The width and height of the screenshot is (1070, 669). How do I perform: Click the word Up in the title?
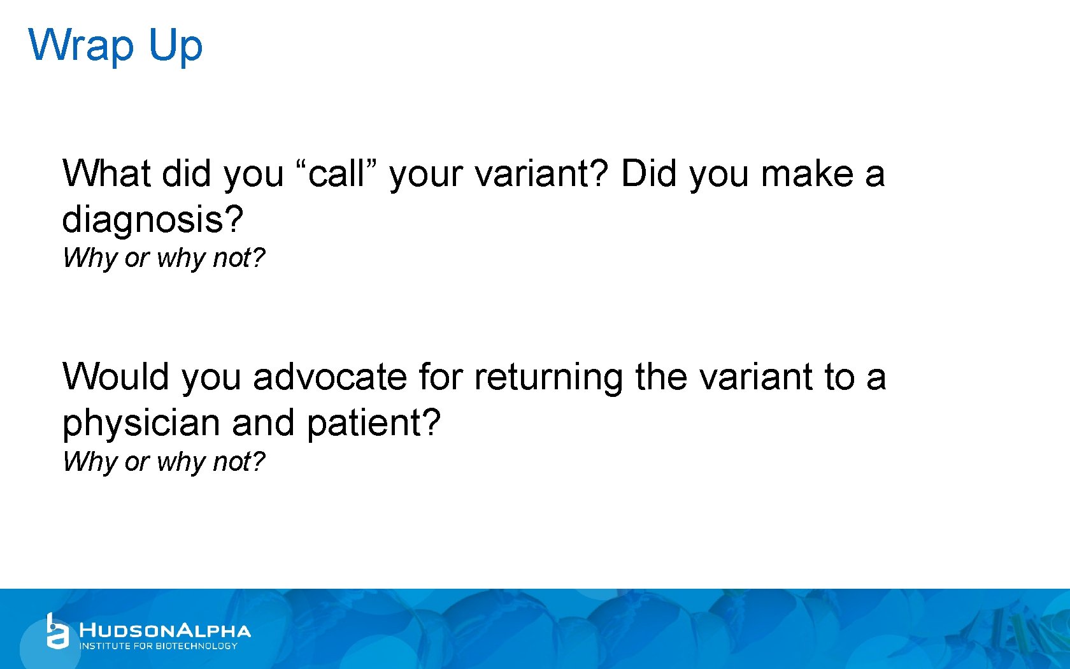click(x=175, y=46)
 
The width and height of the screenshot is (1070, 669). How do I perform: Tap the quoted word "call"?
click(x=337, y=173)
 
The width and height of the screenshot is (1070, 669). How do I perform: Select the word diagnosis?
click(x=152, y=219)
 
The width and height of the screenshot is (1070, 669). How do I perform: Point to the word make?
click(x=807, y=173)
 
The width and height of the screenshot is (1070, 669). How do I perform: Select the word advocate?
click(x=330, y=377)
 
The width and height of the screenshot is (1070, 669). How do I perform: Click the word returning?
click(x=548, y=377)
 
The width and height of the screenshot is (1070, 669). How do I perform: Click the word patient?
click(x=374, y=422)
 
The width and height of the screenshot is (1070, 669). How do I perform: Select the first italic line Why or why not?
click(x=164, y=258)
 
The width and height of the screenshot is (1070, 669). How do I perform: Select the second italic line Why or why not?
click(x=164, y=461)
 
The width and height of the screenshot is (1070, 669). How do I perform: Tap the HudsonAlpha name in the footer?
click(x=165, y=630)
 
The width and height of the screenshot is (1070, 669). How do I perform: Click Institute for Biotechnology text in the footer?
click(x=158, y=646)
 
